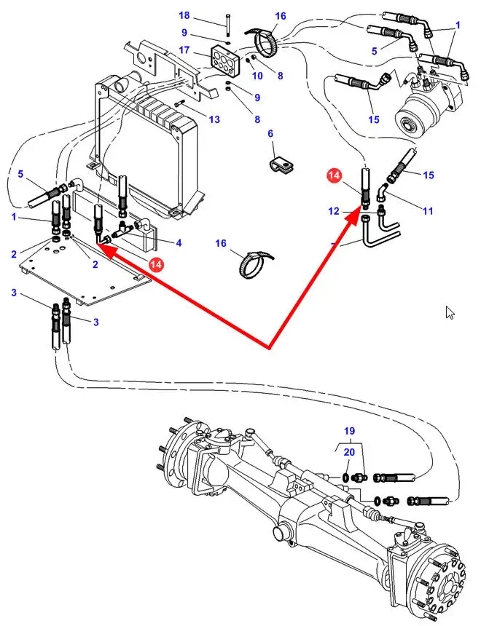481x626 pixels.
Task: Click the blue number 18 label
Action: coord(184,15)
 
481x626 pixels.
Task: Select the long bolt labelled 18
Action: coord(227,24)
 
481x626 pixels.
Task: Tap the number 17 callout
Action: coord(184,51)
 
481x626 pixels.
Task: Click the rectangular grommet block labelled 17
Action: coord(223,57)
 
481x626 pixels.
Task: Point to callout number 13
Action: coord(214,119)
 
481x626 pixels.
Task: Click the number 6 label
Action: coord(270,134)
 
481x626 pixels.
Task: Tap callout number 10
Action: coord(257,75)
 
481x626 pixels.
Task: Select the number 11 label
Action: coord(427,211)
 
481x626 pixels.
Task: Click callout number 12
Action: coord(333,211)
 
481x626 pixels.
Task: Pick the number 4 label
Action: coord(179,242)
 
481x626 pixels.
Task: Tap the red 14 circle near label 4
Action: coord(155,264)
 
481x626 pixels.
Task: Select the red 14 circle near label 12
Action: coord(334,175)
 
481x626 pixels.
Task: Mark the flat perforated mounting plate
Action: coord(80,269)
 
